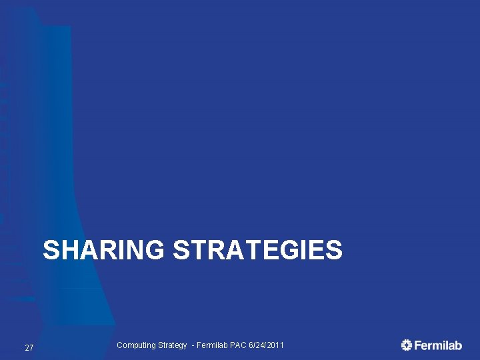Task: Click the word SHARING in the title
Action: tap(103, 251)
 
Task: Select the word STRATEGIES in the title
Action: tap(257, 251)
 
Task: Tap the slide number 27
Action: tap(29, 348)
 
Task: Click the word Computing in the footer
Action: tap(136, 345)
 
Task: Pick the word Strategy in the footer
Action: tap(173, 345)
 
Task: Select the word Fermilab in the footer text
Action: tap(213, 345)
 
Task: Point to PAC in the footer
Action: tap(239, 345)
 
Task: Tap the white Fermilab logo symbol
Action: tap(407, 345)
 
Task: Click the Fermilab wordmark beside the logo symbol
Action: tap(438, 345)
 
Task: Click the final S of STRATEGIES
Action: tap(334, 251)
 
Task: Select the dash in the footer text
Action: tap(193, 345)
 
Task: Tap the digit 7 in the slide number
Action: tap(31, 348)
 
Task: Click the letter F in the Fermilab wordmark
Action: tap(418, 345)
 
